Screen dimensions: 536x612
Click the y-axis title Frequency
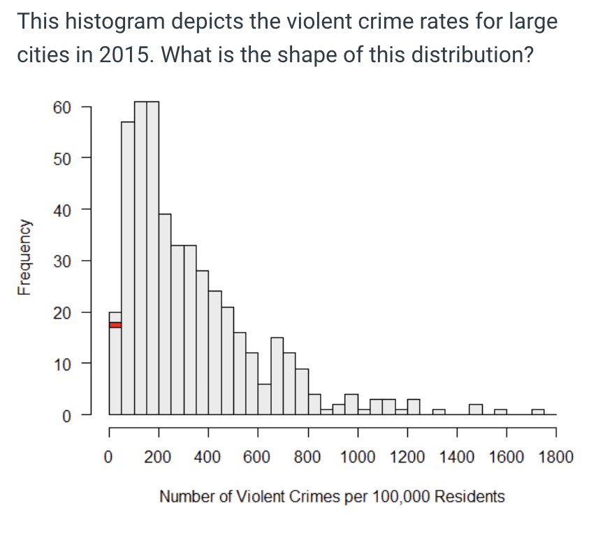tap(25, 258)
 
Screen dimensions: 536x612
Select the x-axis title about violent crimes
tap(332, 497)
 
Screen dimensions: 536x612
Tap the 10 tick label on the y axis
tap(61, 363)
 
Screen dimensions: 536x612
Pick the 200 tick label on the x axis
tap(158, 458)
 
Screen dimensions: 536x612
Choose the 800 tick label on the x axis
tap(307, 458)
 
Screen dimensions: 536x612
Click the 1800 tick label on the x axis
tap(556, 458)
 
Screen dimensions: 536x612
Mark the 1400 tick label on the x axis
tap(456, 458)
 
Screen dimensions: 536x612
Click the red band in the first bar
tap(115, 324)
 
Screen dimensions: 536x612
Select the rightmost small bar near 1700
tap(537, 412)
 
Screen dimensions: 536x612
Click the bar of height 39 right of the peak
tap(165, 314)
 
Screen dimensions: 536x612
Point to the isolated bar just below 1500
tap(475, 409)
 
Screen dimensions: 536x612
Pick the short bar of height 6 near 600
tap(264, 399)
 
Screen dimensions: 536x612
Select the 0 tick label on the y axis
tap(66, 414)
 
